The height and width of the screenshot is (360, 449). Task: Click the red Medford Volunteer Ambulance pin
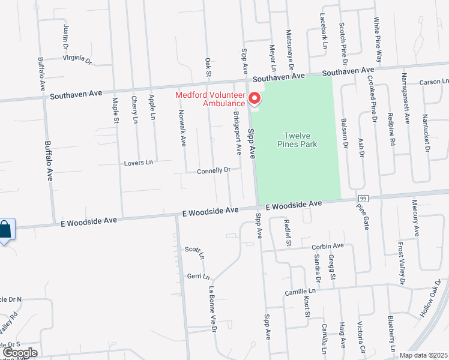coord(255,97)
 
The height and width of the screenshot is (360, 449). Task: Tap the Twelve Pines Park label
coord(297,140)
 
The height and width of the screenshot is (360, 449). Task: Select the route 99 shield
coord(363,198)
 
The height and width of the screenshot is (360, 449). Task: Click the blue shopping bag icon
coord(5,229)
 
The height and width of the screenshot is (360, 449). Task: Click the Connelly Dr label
coord(214,170)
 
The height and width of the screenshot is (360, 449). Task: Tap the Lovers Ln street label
coord(138,163)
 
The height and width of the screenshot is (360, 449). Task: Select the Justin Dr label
coord(65,37)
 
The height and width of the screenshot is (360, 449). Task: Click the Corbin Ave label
coord(328,246)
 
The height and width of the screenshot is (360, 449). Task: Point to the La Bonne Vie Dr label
coord(212,309)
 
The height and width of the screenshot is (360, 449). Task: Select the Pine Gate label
coord(363,217)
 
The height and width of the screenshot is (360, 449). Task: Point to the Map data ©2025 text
coord(424,355)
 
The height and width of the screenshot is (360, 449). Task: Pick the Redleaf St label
coord(287,233)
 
